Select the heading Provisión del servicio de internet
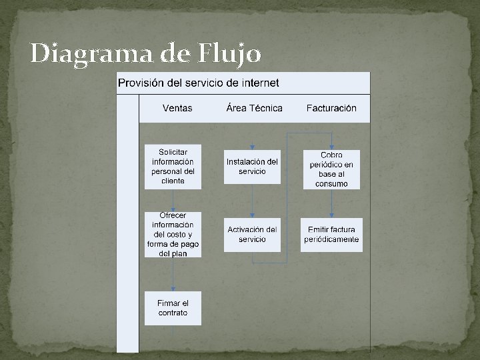click(x=199, y=83)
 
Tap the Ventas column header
click(x=177, y=108)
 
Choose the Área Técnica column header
click(x=254, y=108)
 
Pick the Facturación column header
click(x=331, y=108)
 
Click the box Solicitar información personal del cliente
click(x=173, y=167)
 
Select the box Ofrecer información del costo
click(x=173, y=235)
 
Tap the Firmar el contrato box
click(x=173, y=308)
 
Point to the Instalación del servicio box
click(x=252, y=167)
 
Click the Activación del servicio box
click(x=252, y=235)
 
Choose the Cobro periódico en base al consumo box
click(x=331, y=169)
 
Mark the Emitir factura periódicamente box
click(x=331, y=235)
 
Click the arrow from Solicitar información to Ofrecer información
click(x=173, y=201)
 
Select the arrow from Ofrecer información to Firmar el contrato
click(x=173, y=274)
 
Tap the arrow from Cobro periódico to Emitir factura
click(x=331, y=203)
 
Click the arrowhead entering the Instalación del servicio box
click(x=252, y=147)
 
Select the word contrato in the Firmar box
click(x=173, y=313)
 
